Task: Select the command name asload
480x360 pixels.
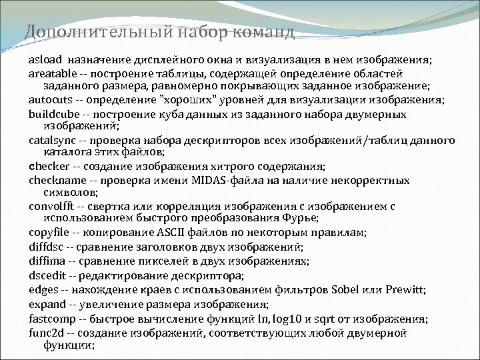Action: tap(43, 60)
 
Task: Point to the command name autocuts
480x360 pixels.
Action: tap(49, 100)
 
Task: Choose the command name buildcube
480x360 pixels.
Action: tap(51, 113)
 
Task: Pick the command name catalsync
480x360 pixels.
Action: tap(50, 141)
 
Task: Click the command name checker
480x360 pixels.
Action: tap(46, 167)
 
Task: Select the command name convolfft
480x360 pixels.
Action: tap(51, 207)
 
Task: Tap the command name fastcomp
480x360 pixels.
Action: tap(51, 317)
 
